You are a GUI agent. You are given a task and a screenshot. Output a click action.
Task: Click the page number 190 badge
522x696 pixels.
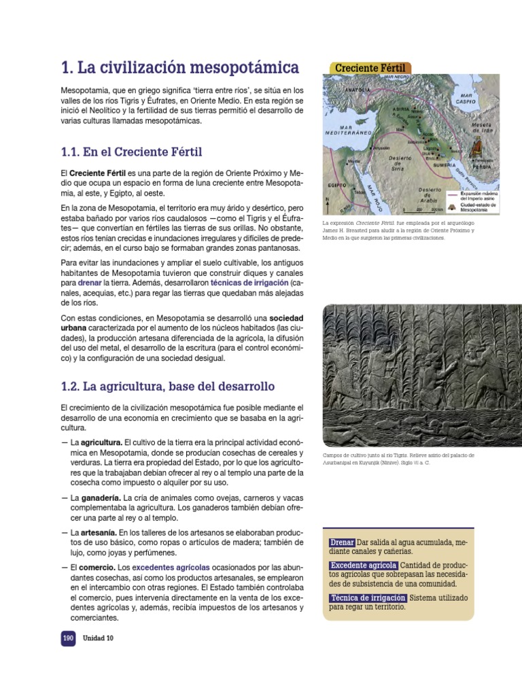tap(68, 638)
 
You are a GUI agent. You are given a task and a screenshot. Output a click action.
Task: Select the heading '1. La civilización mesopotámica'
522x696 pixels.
tap(179, 67)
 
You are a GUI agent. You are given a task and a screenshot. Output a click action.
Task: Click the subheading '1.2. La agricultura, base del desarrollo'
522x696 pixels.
tap(167, 387)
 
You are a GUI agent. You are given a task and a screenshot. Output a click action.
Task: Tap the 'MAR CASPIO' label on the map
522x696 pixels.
tap(466, 99)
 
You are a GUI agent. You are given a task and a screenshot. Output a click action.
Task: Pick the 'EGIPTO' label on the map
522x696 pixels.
tap(337, 184)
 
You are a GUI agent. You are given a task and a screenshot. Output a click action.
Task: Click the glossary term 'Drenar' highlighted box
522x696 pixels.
tap(342, 542)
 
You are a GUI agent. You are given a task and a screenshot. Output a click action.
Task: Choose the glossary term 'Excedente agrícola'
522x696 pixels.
tap(363, 565)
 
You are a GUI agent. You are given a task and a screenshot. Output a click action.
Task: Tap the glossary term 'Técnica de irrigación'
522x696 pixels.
tap(368, 597)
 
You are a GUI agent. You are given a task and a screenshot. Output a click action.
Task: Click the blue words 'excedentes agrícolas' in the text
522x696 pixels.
tap(170, 566)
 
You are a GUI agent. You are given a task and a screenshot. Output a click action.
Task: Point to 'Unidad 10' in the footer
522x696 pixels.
tap(98, 638)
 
